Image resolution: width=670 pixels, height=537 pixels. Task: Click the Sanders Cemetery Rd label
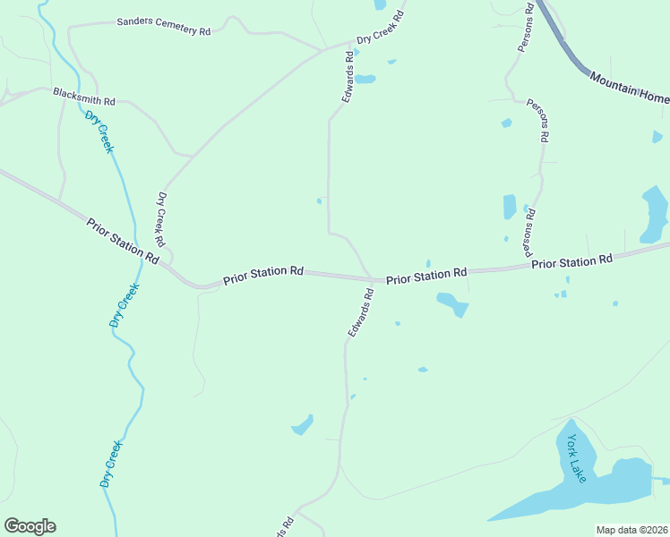pos(164,25)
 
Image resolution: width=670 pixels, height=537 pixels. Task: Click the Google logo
pos(30,526)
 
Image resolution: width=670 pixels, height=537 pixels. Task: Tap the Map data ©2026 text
pos(631,530)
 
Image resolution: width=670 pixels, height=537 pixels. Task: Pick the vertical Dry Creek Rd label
pos(161,219)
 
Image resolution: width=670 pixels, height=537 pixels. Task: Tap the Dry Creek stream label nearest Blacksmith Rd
pos(99,132)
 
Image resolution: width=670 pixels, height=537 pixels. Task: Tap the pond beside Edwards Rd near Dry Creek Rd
pos(365,79)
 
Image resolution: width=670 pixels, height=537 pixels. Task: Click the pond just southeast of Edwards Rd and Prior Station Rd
pos(452,305)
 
